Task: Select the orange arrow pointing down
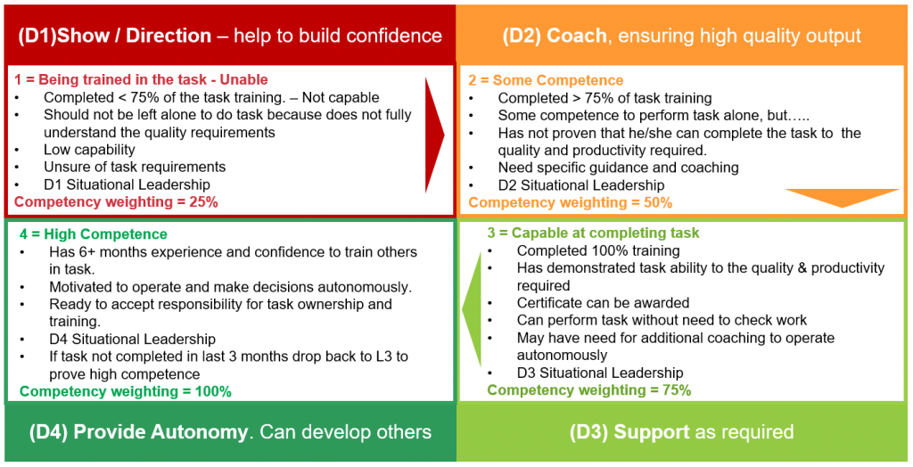841,197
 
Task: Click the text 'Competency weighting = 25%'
116,201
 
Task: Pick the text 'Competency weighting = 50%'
570,202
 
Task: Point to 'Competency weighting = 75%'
588,389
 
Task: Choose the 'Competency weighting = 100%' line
126,391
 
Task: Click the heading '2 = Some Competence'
546,80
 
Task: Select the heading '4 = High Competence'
94,234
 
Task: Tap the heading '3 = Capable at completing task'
593,233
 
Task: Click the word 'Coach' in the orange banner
576,36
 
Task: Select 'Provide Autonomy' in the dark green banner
160,432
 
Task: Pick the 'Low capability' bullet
89,150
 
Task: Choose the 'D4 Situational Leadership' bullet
132,339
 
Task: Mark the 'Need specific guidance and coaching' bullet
618,168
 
